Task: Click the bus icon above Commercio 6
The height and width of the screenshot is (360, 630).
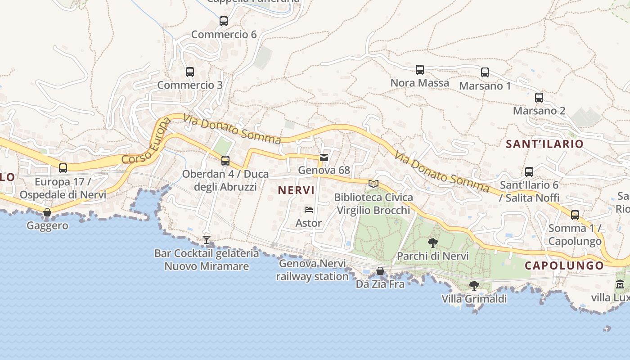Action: pos(223,21)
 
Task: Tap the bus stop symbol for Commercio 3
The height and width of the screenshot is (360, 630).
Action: pos(189,72)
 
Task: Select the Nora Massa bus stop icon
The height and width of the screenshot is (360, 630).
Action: pos(419,69)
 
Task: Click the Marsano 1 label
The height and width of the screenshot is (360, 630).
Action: pos(485,85)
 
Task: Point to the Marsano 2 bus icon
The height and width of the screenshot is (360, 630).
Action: pos(539,97)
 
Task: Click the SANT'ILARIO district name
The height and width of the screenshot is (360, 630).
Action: pos(544,144)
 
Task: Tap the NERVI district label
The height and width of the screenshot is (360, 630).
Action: pos(296,190)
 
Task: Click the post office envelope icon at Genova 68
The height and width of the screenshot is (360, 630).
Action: pos(324,157)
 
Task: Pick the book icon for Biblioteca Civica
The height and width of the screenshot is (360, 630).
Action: pos(373,184)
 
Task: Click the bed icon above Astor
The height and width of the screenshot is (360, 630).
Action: pos(308,210)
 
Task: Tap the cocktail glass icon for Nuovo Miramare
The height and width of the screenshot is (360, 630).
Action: pos(207,240)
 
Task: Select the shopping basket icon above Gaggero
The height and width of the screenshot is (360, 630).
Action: pos(47,212)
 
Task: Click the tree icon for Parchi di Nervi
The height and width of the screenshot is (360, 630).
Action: pos(432,243)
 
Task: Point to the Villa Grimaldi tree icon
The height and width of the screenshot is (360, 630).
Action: pos(474,285)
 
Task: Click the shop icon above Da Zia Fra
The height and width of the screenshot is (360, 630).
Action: pos(380,271)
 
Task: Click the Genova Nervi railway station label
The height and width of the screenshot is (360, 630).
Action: pos(312,270)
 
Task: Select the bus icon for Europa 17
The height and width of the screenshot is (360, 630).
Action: pos(63,168)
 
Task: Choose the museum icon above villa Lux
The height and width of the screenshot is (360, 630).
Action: pos(620,284)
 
